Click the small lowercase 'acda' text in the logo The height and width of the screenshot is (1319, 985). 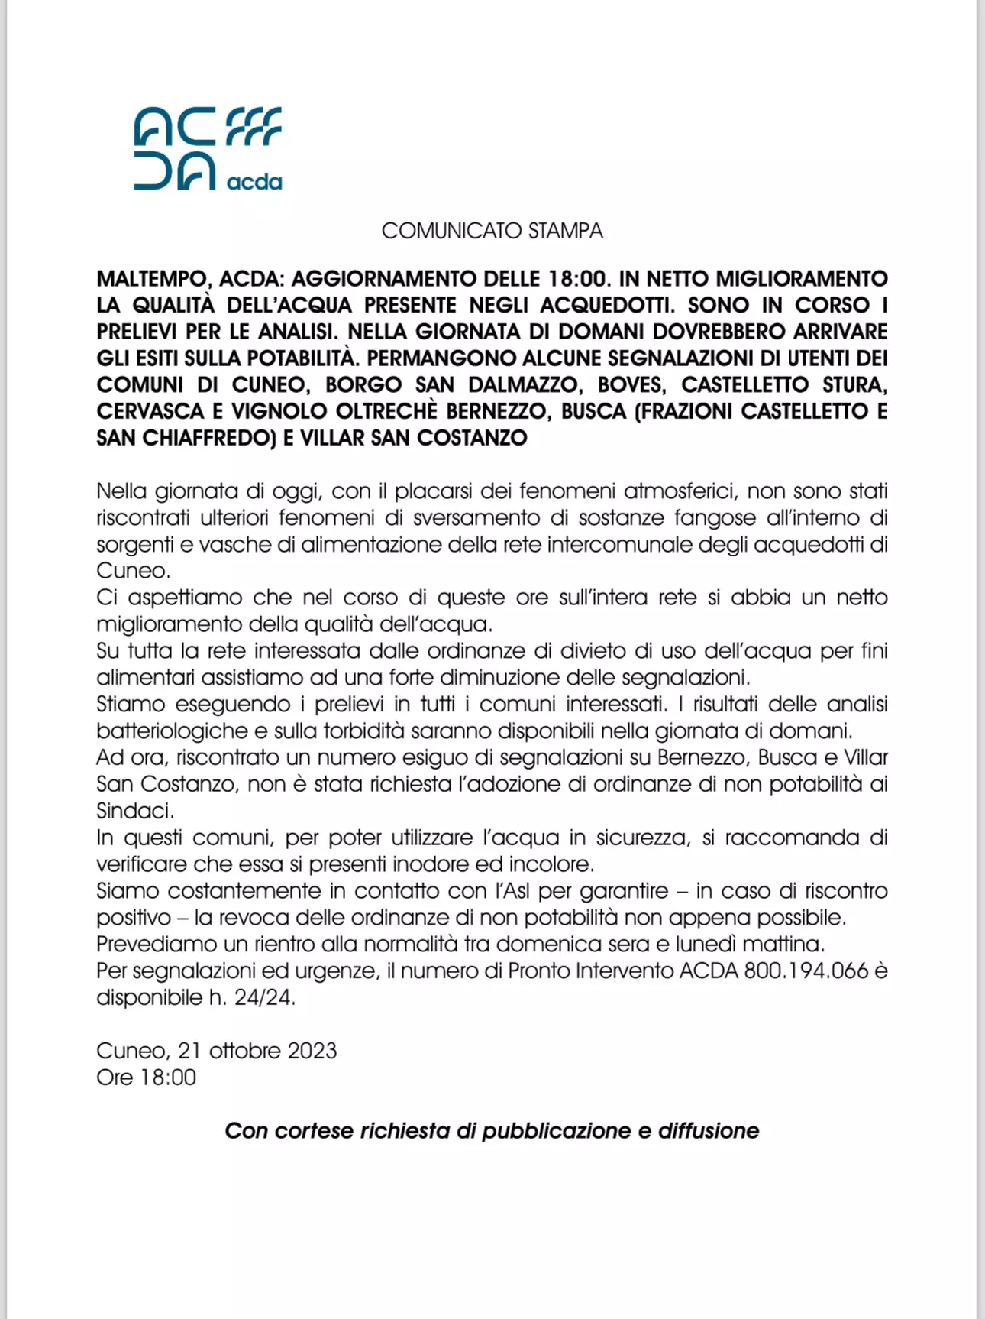click(x=254, y=182)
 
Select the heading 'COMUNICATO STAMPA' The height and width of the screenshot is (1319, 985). click(x=492, y=231)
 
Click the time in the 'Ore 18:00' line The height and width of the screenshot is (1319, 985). click(x=168, y=1078)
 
